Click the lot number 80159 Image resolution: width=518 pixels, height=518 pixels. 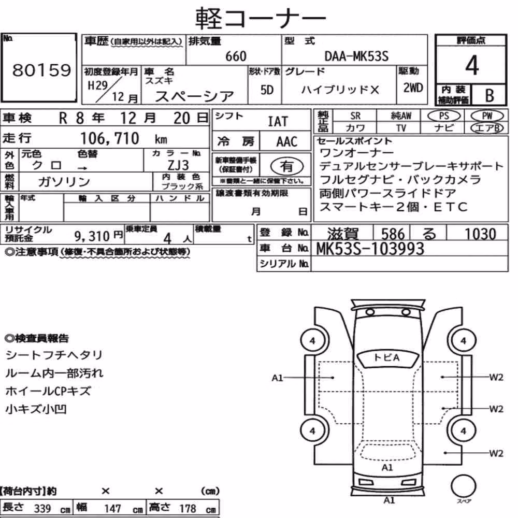[x=41, y=70]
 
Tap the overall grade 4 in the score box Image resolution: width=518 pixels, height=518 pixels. [x=472, y=65]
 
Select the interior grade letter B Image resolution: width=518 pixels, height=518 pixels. [x=490, y=95]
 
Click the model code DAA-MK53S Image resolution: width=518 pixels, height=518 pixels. [x=356, y=56]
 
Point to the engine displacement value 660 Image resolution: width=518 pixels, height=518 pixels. [x=236, y=56]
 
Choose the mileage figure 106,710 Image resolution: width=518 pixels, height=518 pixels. [x=110, y=138]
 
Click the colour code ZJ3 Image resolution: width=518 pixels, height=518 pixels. [x=178, y=165]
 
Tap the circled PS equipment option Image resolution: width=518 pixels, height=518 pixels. [x=444, y=116]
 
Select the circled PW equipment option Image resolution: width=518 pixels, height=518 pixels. [x=487, y=116]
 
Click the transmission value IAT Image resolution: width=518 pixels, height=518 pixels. [x=278, y=122]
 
